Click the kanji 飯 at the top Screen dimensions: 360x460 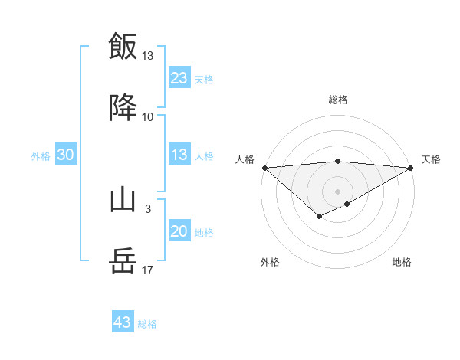tap(123, 45)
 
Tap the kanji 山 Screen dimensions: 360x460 tap(123, 201)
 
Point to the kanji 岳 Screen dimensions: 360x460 tap(123, 262)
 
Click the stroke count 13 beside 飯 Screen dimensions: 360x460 tap(148, 56)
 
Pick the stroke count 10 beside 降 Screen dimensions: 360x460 tap(148, 117)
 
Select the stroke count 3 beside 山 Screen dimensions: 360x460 tap(148, 208)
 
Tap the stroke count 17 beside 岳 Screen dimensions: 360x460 tap(148, 270)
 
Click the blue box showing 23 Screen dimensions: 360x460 tap(179, 78)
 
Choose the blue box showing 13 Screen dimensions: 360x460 tap(179, 155)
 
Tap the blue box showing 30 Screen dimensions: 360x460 tap(66, 155)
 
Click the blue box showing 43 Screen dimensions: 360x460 tap(123, 322)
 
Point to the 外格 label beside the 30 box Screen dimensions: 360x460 tap(41, 156)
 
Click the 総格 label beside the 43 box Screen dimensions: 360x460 tap(147, 324)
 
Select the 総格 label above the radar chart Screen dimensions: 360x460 tap(338, 100)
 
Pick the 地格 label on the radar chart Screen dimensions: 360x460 tap(402, 262)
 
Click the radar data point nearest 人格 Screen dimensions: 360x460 tap(264, 167)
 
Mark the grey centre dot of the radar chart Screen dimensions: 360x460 tap(338, 191)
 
